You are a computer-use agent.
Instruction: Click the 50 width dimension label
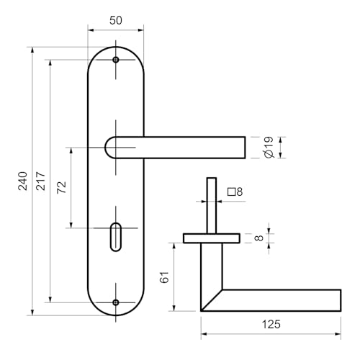click(x=116, y=20)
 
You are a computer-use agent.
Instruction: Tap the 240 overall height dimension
click(x=23, y=181)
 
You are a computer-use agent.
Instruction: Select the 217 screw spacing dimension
click(x=40, y=181)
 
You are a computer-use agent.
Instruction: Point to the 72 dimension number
click(x=61, y=187)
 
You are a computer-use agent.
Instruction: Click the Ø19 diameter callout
click(x=269, y=148)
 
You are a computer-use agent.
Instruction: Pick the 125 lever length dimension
click(x=271, y=324)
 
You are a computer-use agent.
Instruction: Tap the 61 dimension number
click(x=165, y=277)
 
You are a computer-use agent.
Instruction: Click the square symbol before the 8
click(x=231, y=192)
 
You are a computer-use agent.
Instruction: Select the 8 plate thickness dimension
click(x=259, y=238)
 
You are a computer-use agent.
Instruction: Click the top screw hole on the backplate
click(x=116, y=60)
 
